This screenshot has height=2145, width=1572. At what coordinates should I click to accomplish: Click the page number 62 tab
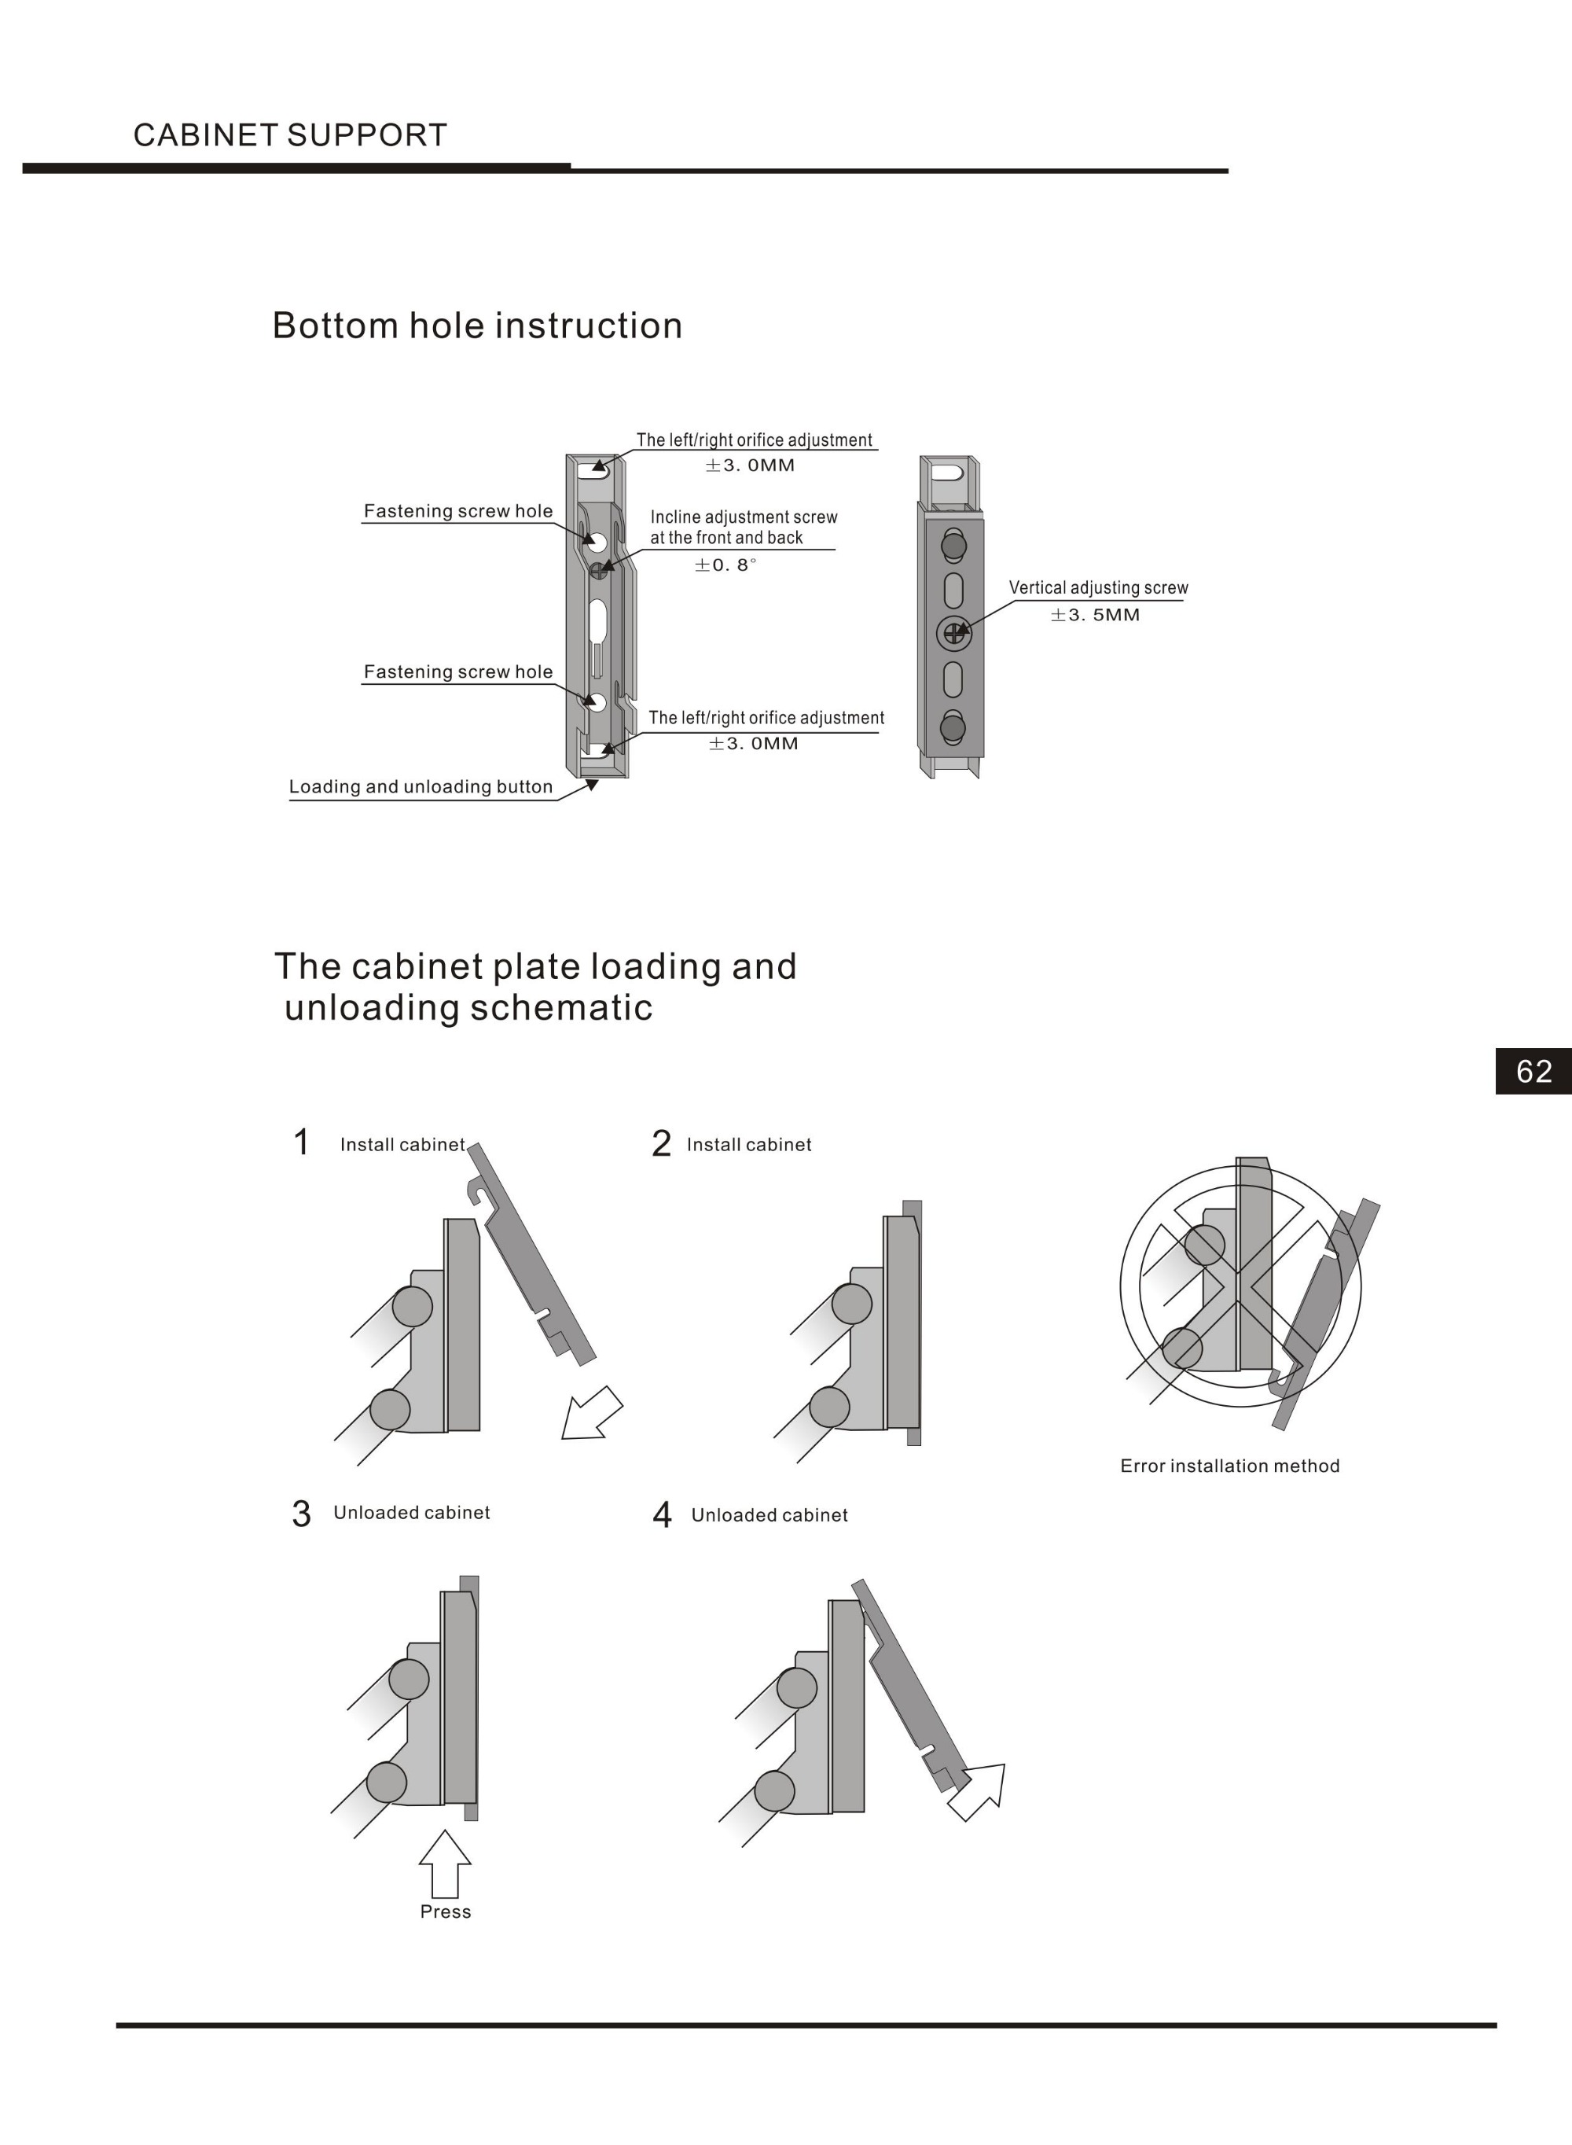click(x=1533, y=1071)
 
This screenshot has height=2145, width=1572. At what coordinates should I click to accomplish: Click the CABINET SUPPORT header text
click(x=289, y=135)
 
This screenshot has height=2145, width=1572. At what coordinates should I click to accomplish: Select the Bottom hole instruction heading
click(x=477, y=326)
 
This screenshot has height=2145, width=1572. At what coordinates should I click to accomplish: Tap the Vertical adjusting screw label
click(x=1098, y=587)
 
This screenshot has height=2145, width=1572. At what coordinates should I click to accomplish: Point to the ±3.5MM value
click(x=1094, y=615)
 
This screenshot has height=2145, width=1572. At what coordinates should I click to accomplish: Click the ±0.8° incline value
click(x=725, y=565)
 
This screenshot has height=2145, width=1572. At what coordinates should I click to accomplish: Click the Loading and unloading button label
click(x=421, y=786)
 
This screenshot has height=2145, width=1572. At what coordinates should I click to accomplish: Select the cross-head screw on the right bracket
click(x=953, y=632)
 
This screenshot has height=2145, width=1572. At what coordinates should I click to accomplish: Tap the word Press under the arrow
click(x=446, y=1911)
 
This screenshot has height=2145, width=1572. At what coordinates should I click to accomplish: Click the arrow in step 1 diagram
click(x=590, y=1415)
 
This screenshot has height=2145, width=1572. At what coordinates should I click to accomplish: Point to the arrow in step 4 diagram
click(x=979, y=1791)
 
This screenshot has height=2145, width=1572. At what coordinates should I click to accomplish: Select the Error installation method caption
click(x=1229, y=1466)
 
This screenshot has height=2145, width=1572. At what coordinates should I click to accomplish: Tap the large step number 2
click(x=660, y=1144)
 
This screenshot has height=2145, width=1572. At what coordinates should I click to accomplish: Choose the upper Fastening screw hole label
click(x=457, y=511)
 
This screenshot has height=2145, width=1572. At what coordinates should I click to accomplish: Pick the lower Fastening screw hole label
click(x=457, y=671)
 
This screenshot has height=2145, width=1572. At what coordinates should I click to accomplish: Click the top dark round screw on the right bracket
click(x=953, y=545)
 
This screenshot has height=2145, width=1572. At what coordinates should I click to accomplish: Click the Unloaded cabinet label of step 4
click(x=769, y=1515)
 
